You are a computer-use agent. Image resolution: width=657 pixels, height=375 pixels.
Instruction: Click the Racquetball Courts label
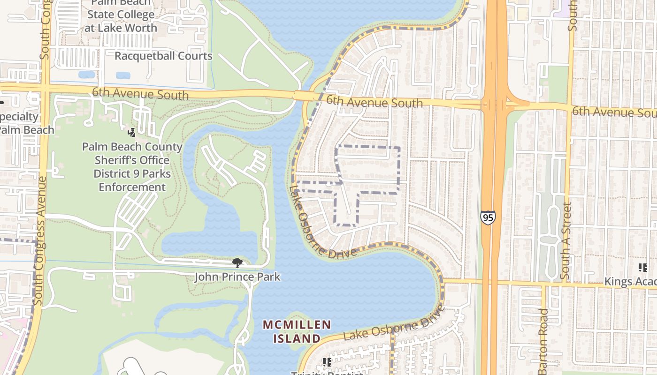pos(163,56)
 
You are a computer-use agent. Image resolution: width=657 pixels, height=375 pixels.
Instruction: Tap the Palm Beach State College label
pos(121,15)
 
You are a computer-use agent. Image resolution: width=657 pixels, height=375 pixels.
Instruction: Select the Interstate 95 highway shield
pos(488,217)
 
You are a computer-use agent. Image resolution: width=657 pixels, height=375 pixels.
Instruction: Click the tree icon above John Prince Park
pos(237,262)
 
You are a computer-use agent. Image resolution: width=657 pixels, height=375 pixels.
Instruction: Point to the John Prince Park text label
pos(237,277)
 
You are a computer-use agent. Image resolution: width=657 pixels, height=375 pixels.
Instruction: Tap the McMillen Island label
pos(297,331)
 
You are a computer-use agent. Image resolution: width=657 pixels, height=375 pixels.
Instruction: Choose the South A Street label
pos(567,241)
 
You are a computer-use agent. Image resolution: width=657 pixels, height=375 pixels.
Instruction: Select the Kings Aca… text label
pos(630,282)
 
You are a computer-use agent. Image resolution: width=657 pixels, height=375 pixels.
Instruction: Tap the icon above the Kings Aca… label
pos(642,268)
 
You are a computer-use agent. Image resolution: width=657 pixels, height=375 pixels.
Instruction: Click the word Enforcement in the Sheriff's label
pos(132,187)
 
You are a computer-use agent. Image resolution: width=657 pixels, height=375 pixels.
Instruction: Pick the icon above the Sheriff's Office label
pos(132,133)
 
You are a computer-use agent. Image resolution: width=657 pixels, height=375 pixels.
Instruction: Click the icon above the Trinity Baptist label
pos(327,362)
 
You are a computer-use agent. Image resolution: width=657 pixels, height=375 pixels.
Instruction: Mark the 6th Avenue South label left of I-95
pos(374,101)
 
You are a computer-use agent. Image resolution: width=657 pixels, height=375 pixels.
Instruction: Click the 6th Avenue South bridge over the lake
pos(304,96)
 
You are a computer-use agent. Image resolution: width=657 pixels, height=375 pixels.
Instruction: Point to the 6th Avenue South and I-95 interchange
pos(494,105)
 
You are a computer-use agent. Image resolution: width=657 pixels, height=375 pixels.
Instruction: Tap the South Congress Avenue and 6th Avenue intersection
pos(44,88)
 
